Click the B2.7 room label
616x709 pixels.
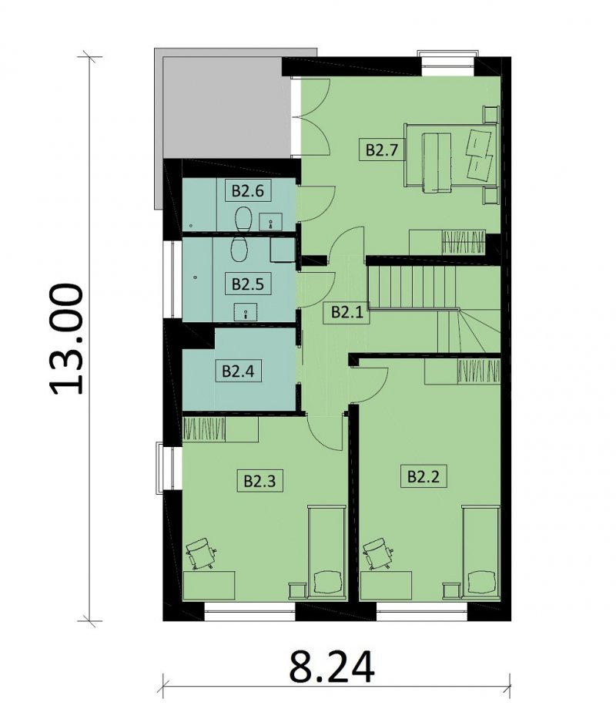pos(382,150)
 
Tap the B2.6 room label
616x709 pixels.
pos(248,191)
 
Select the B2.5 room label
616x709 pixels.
pos(248,284)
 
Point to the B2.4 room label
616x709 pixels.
pos(238,371)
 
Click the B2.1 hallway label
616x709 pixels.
pos(347,312)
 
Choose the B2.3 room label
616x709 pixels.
pos(259,481)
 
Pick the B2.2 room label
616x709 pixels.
pos(423,476)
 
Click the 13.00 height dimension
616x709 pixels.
pos(66,339)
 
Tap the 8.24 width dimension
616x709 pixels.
pos(332,667)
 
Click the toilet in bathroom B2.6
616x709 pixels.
pos(243,219)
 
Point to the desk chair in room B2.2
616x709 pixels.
pos(378,553)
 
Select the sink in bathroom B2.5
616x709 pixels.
pos(246,312)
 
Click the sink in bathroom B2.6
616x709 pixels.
pos(271,222)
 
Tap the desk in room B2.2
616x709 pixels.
pos(386,586)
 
